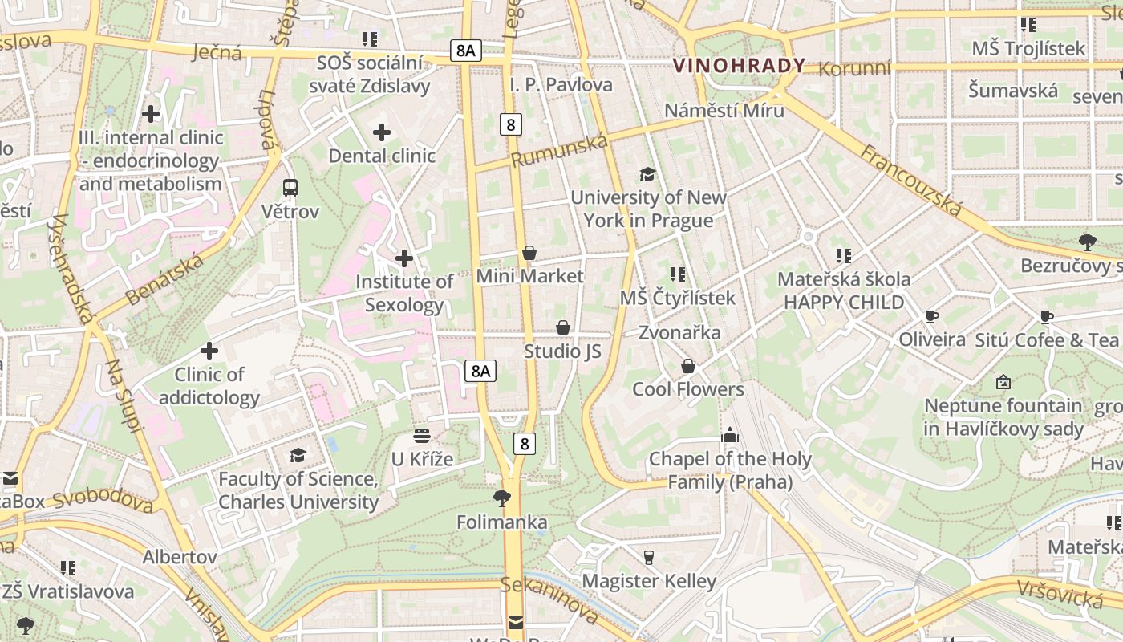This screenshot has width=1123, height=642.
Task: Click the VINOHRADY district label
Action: point(739,66)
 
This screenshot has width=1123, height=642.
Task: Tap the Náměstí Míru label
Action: point(724,110)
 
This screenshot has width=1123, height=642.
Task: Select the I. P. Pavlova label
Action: point(561,84)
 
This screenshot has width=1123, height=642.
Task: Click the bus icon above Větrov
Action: point(290,188)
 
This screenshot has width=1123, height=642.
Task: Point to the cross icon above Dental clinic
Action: point(382,132)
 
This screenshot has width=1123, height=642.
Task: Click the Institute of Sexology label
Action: point(404,293)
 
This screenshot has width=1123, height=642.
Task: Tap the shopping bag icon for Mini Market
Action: point(529,254)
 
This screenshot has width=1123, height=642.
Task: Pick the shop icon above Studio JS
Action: point(563,327)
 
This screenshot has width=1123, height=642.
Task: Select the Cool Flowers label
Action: point(688,389)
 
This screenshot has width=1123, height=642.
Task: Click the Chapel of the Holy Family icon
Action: point(730,435)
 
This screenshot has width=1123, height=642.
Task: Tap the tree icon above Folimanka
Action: point(502,498)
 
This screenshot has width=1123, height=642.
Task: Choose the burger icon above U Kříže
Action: point(422,436)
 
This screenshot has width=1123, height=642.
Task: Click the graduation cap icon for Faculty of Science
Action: point(298,455)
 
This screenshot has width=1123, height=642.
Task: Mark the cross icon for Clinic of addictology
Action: point(209,351)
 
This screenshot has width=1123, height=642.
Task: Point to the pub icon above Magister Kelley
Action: point(649,557)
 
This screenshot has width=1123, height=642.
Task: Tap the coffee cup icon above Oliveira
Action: point(931,316)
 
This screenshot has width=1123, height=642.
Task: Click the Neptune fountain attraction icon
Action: point(1003,382)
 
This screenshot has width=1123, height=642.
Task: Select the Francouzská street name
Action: point(910,181)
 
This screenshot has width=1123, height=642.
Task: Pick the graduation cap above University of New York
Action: point(647,174)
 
